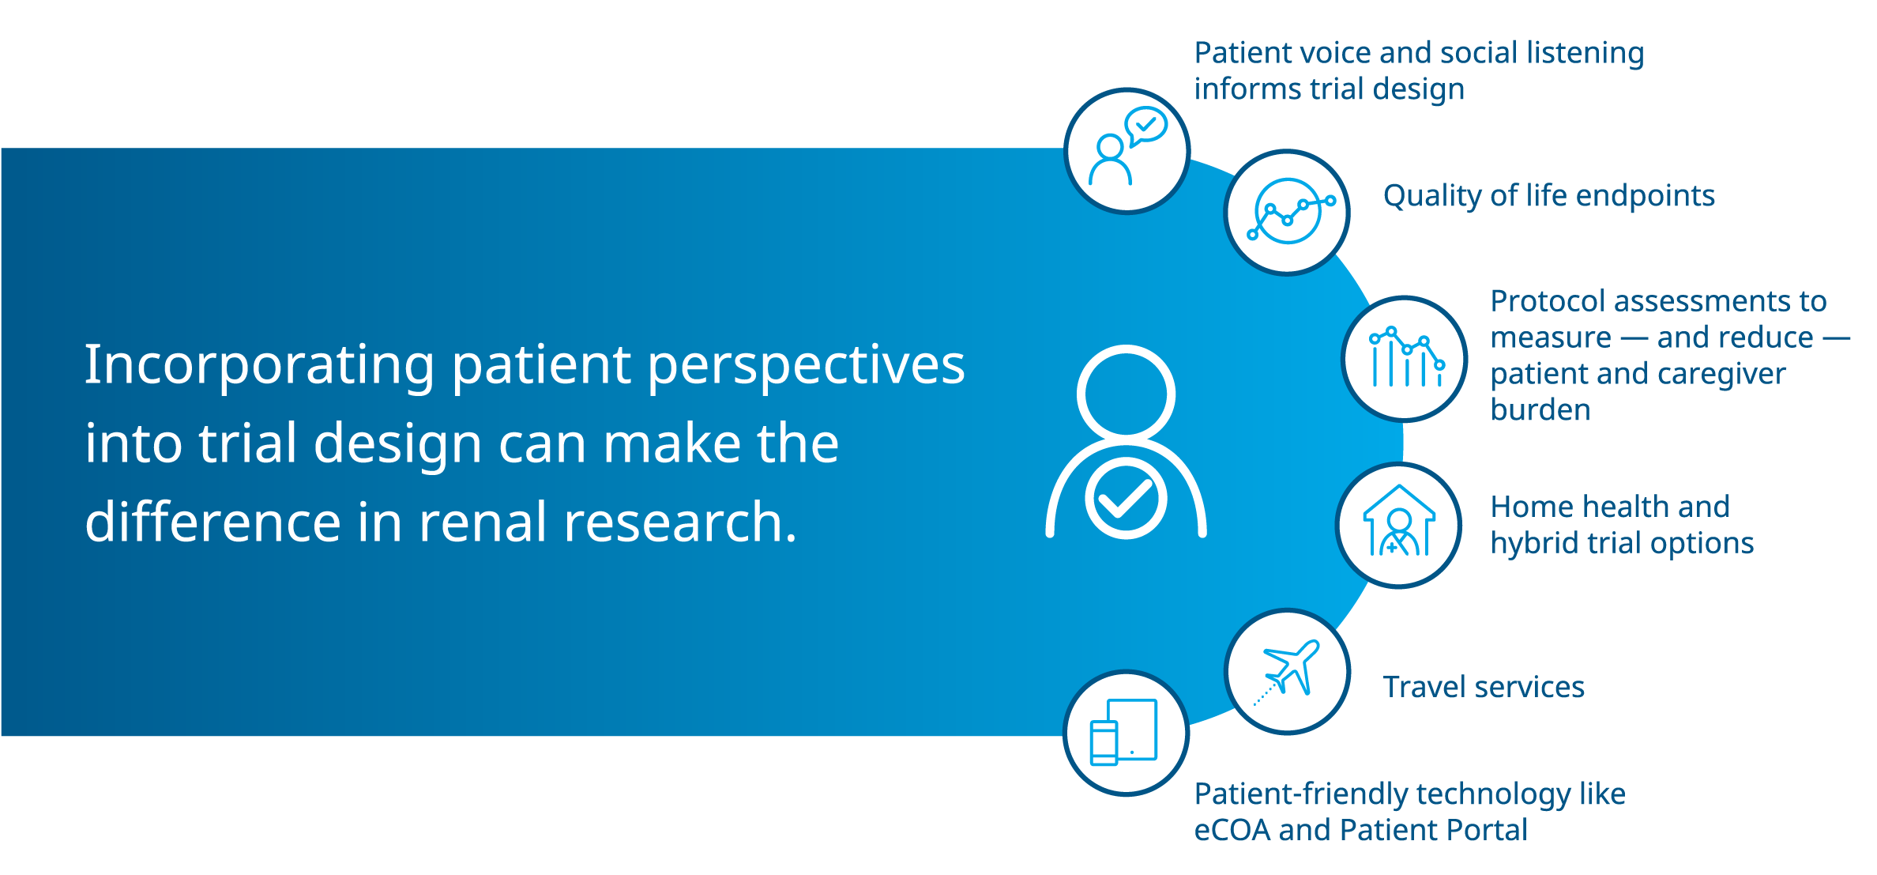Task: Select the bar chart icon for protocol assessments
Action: pos(1407,356)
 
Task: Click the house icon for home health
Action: pos(1399,521)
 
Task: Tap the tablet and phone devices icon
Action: pos(1123,732)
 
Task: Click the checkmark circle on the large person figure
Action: pos(1126,498)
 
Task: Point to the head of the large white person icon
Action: pos(1126,394)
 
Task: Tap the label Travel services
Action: pos(1484,687)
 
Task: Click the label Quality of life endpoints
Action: pos(1548,196)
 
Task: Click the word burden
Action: pos(1540,409)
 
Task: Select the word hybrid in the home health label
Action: pos(1534,544)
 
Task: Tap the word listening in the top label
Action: pos(1585,54)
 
